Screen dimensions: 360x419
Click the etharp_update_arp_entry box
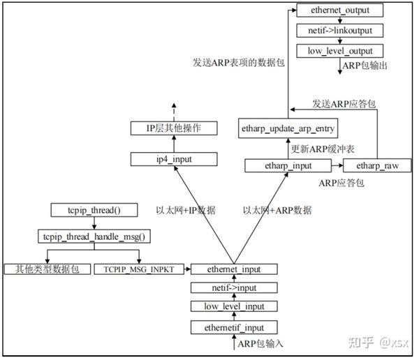[x=288, y=128]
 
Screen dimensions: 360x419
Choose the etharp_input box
[x=287, y=166]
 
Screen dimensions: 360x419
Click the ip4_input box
[x=172, y=159]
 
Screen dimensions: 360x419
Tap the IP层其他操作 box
[x=172, y=128]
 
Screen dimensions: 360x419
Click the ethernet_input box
[x=233, y=269]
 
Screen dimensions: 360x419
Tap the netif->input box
[x=233, y=287]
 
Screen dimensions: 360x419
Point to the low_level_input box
[x=233, y=306]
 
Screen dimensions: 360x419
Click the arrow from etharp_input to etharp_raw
[x=337, y=166]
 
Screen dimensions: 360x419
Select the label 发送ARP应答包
[x=344, y=103]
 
